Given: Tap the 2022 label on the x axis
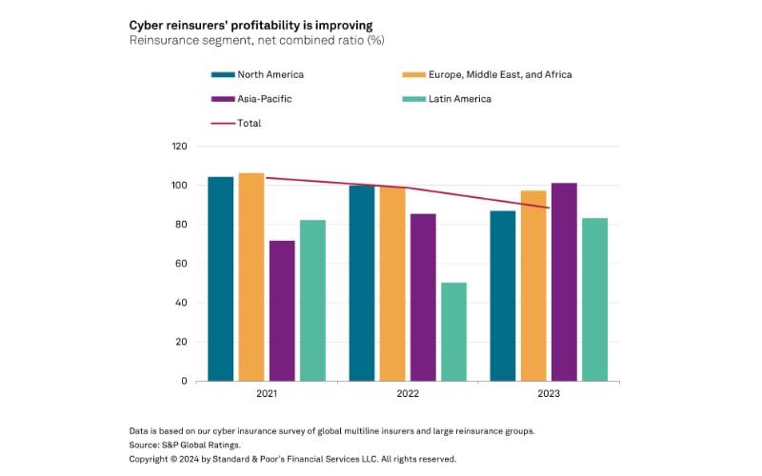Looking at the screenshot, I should [408, 393].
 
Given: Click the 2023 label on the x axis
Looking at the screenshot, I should [549, 393].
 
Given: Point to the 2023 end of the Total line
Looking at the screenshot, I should [549, 208].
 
